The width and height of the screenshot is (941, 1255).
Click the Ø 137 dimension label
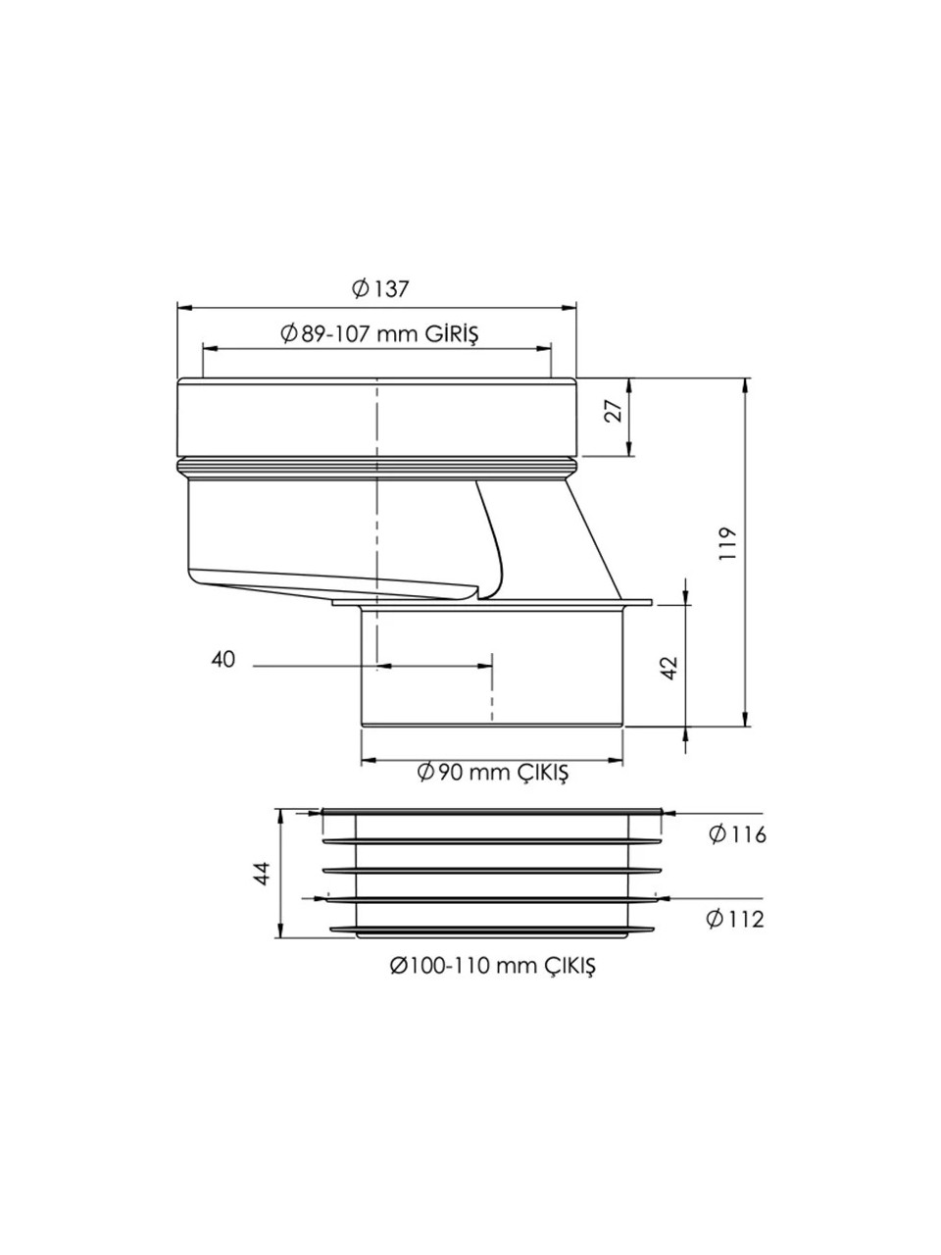(381, 289)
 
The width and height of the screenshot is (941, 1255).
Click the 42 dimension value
(670, 668)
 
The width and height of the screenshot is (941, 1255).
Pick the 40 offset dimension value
(223, 660)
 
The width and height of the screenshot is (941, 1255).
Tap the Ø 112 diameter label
(736, 920)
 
